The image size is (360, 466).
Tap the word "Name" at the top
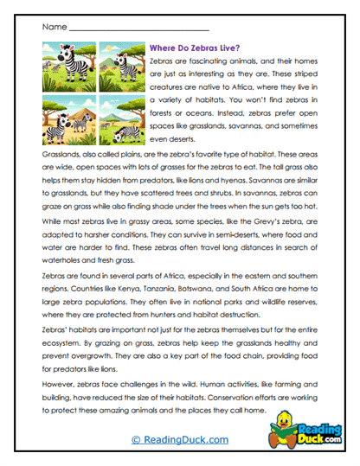click(x=51, y=29)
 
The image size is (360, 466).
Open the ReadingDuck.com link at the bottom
click(x=178, y=440)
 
